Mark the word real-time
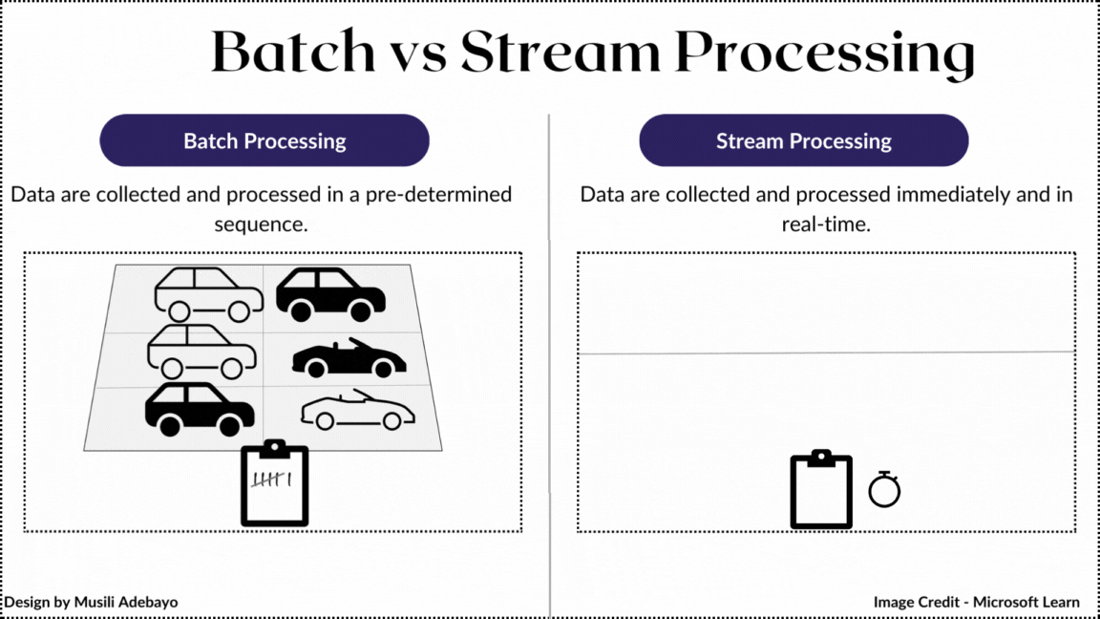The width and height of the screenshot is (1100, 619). [826, 225]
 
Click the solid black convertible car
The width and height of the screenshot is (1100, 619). [349, 358]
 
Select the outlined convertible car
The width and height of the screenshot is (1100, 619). [357, 411]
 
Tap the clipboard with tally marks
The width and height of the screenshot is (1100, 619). [274, 483]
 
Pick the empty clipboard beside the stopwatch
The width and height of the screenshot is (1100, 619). [821, 489]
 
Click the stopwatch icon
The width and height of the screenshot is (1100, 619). [884, 489]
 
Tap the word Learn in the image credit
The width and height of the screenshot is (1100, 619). [1060, 603]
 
